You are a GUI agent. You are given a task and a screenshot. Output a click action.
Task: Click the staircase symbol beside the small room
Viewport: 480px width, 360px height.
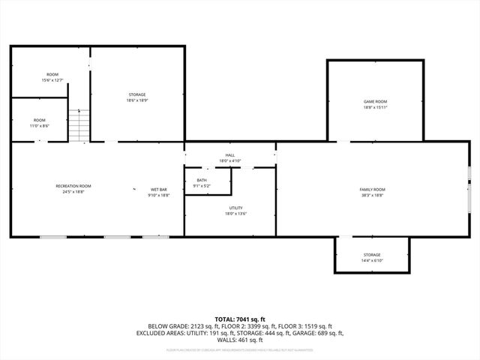point(79,124)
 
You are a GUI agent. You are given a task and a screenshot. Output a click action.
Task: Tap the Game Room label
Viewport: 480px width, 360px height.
point(375,101)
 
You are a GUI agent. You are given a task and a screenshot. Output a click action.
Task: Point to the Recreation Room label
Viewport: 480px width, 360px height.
point(73,186)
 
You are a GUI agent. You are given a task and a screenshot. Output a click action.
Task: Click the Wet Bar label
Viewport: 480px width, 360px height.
point(158,189)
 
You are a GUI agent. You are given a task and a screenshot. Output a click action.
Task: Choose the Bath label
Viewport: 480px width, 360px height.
point(202,180)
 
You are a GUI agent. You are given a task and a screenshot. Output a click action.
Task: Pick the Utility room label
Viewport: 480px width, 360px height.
point(236,208)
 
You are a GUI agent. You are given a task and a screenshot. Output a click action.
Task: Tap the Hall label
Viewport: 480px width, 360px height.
point(230,155)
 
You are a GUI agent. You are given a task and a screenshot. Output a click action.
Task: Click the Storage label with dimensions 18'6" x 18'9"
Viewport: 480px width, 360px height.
point(136,94)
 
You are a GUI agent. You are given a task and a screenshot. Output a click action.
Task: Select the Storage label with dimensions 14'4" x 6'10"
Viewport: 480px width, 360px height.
point(372,255)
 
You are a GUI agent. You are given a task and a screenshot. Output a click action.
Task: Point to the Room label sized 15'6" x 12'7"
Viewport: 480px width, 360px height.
point(52,74)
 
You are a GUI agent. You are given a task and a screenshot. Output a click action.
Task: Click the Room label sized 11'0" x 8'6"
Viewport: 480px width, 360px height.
point(40,120)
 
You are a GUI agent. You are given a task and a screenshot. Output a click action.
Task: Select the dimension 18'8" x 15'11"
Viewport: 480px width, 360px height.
point(375,107)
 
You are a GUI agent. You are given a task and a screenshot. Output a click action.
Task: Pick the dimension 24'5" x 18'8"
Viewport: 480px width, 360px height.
point(73,192)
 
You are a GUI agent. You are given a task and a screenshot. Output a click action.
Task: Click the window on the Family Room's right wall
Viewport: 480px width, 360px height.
point(469,189)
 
